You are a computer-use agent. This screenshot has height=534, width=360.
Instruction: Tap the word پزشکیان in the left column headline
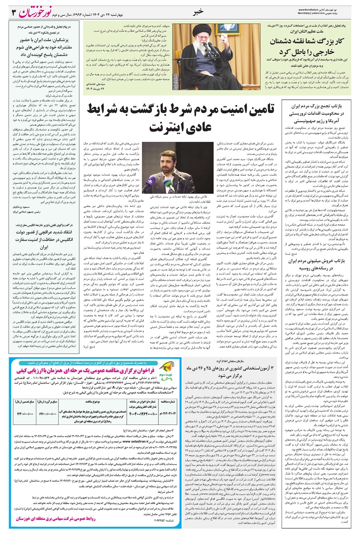pyautogui.click(x=60, y=41)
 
